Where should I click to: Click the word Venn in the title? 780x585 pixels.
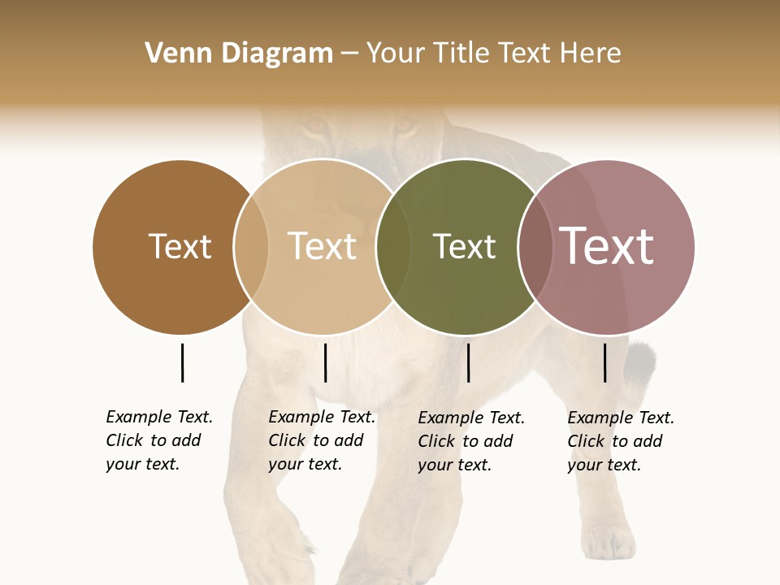click(171, 54)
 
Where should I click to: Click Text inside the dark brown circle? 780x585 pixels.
click(180, 246)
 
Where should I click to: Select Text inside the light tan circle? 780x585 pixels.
click(323, 246)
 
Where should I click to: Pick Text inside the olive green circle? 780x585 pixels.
click(464, 246)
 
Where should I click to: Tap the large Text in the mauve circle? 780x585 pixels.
click(607, 246)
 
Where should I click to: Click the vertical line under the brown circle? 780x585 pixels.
click(182, 362)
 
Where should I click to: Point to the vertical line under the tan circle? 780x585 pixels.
click(325, 362)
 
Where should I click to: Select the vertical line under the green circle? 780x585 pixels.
click(468, 362)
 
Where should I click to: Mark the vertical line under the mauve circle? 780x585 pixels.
click(604, 362)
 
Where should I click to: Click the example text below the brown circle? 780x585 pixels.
click(158, 440)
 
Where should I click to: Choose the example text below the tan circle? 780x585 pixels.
click(321, 440)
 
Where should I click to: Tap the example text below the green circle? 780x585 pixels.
click(470, 441)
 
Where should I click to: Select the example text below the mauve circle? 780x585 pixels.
click(620, 441)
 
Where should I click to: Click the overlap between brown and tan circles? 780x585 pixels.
click(251, 246)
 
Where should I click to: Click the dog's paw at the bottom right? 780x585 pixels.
click(607, 542)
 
